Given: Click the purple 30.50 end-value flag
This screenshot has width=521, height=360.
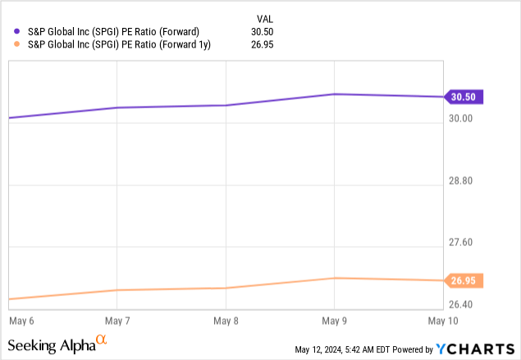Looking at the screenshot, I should tap(464, 97).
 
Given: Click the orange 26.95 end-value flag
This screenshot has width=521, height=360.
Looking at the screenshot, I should tap(464, 280).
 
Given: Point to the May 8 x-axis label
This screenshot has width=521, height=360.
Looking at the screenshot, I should tap(226, 319).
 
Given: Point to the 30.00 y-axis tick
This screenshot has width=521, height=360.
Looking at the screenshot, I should tap(461, 118).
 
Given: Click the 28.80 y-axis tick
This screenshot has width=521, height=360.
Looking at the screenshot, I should tap(461, 180).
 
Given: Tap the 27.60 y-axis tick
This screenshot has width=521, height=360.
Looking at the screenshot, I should tap(461, 243).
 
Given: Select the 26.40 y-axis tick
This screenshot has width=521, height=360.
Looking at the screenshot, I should tap(461, 305).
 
